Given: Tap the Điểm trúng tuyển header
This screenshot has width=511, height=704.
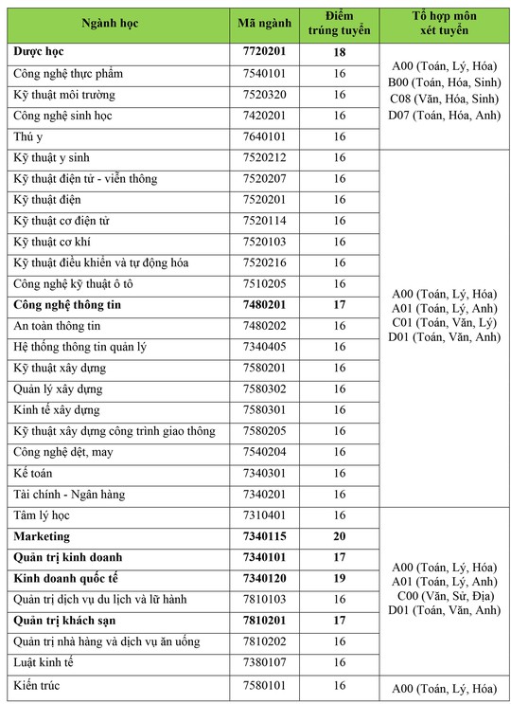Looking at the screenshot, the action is [340, 21].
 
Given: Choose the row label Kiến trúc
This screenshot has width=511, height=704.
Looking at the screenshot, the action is [41, 684].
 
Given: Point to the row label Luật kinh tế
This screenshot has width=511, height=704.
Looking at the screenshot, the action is [48, 662].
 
